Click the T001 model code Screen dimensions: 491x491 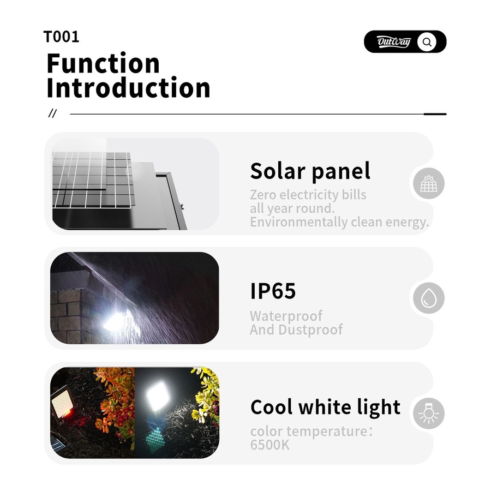click(61, 37)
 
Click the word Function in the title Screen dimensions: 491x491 click(103, 63)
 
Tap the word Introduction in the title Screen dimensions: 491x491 click(128, 88)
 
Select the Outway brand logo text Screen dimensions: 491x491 click(393, 42)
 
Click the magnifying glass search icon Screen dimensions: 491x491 click(427, 42)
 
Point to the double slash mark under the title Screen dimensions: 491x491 click(52, 113)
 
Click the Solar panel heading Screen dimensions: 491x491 click(310, 171)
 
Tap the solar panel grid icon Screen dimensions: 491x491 click(428, 184)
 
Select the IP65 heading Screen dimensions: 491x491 click(273, 291)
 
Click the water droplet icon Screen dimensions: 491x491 click(428, 298)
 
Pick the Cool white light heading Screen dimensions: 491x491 click(325, 407)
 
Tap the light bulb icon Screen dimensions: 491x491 click(428, 413)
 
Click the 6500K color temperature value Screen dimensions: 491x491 click(270, 445)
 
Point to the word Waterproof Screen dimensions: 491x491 click(286, 316)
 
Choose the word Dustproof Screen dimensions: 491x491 click(310, 330)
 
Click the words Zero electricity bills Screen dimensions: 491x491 click(308, 195)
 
